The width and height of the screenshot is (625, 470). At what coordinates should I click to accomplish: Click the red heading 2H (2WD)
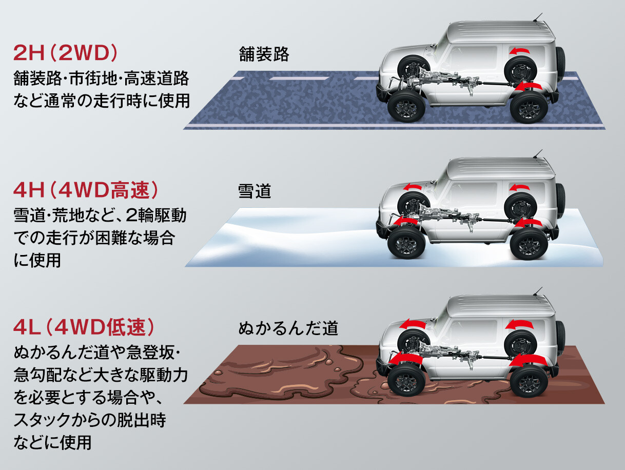click(66, 53)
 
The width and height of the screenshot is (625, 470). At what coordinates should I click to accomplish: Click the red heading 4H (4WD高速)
click(85, 191)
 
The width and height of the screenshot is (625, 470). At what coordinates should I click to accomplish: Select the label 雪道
click(254, 191)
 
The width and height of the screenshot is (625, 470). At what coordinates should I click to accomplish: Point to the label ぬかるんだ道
click(288, 328)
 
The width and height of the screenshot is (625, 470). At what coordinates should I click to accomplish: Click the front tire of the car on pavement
click(405, 105)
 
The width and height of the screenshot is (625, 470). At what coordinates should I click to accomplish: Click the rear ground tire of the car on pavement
click(528, 105)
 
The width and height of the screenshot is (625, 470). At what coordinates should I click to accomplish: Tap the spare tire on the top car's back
click(560, 62)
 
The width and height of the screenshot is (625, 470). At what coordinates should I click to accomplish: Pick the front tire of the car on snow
click(405, 243)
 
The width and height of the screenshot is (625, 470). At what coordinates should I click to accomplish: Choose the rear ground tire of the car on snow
click(528, 243)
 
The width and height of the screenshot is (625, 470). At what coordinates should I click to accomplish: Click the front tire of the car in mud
click(405, 380)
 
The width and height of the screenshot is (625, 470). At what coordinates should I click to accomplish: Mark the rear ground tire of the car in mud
click(528, 380)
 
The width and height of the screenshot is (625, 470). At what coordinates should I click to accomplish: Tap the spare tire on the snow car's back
click(560, 200)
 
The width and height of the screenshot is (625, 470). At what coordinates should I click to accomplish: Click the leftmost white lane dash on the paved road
click(239, 79)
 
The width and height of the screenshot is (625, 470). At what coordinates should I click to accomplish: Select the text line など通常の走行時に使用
click(102, 99)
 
